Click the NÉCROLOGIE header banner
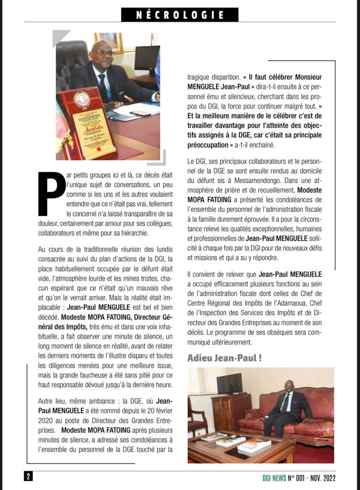pyautogui.click(x=180, y=14)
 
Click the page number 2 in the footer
pyautogui.click(x=28, y=477)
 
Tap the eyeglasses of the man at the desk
pyautogui.click(x=103, y=53)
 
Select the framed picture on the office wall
pyautogui.click(x=109, y=42)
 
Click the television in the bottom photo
pyautogui.click(x=229, y=383)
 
